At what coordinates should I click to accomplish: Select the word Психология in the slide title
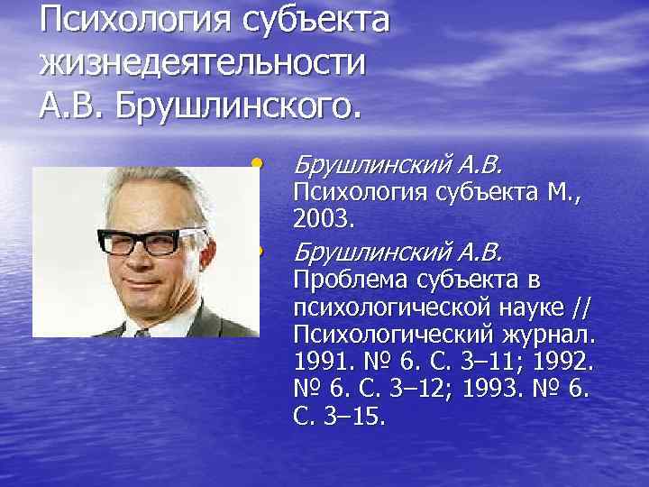coord(127,21)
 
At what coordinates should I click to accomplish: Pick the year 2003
coord(324,217)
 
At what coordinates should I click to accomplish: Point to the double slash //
coord(582,307)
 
